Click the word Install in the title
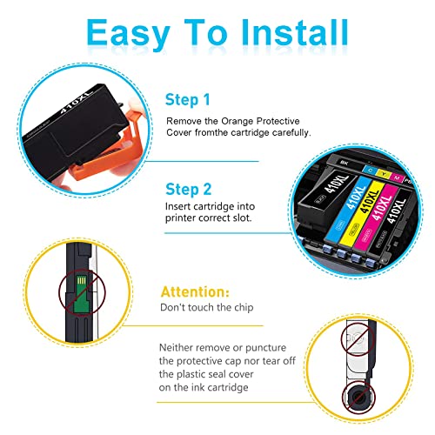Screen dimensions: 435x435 tap(295, 32)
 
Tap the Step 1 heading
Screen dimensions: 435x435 tap(188, 100)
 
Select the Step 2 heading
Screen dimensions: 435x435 tap(189, 190)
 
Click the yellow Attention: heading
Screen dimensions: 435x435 tap(195, 291)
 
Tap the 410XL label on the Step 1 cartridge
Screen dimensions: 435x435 tap(75, 103)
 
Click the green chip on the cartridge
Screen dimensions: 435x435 tap(81, 294)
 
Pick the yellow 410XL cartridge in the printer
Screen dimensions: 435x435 tap(364, 216)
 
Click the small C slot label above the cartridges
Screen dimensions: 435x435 tap(370, 170)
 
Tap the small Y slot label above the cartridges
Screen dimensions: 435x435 tap(384, 173)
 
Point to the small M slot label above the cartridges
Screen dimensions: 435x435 tap(397, 177)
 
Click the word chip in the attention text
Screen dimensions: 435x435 tap(244, 307)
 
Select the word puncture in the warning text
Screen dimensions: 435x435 tap(265, 348)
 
